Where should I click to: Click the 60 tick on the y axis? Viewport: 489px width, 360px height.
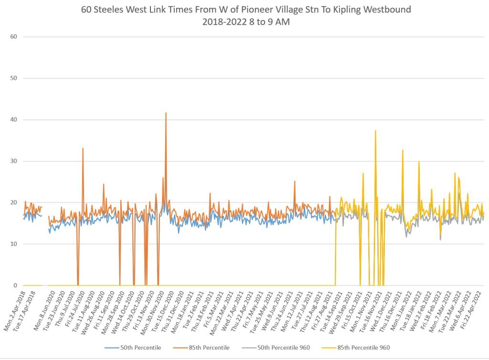(14, 37)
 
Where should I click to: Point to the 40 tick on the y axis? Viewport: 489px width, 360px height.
(14, 120)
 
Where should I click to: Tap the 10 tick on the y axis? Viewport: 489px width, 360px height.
(14, 244)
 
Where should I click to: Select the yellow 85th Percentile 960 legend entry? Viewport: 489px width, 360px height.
(368, 348)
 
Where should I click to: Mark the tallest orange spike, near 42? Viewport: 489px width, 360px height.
(166, 113)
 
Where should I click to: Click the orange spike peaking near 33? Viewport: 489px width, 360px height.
(83, 148)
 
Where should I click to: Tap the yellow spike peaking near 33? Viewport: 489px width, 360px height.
(403, 150)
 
